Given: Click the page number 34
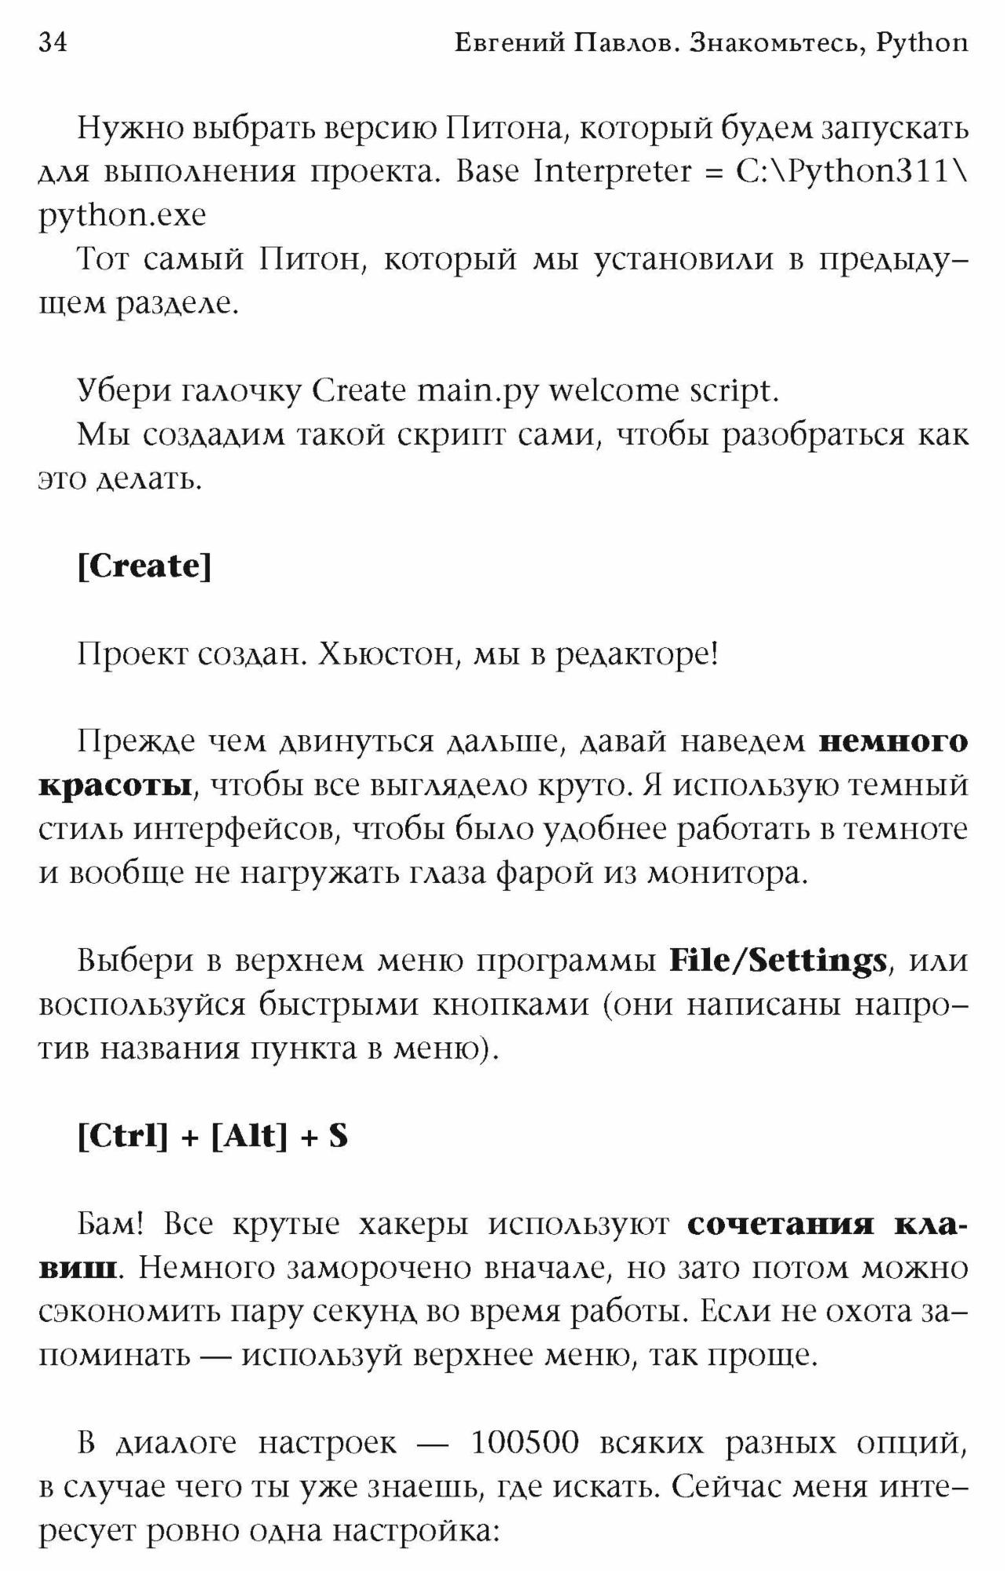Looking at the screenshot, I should point(53,42).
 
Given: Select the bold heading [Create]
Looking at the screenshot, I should point(145,566).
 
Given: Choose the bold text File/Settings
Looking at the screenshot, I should point(778,960).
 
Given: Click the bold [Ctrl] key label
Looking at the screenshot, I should point(123,1136).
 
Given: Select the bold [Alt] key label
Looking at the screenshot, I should point(249,1136).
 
